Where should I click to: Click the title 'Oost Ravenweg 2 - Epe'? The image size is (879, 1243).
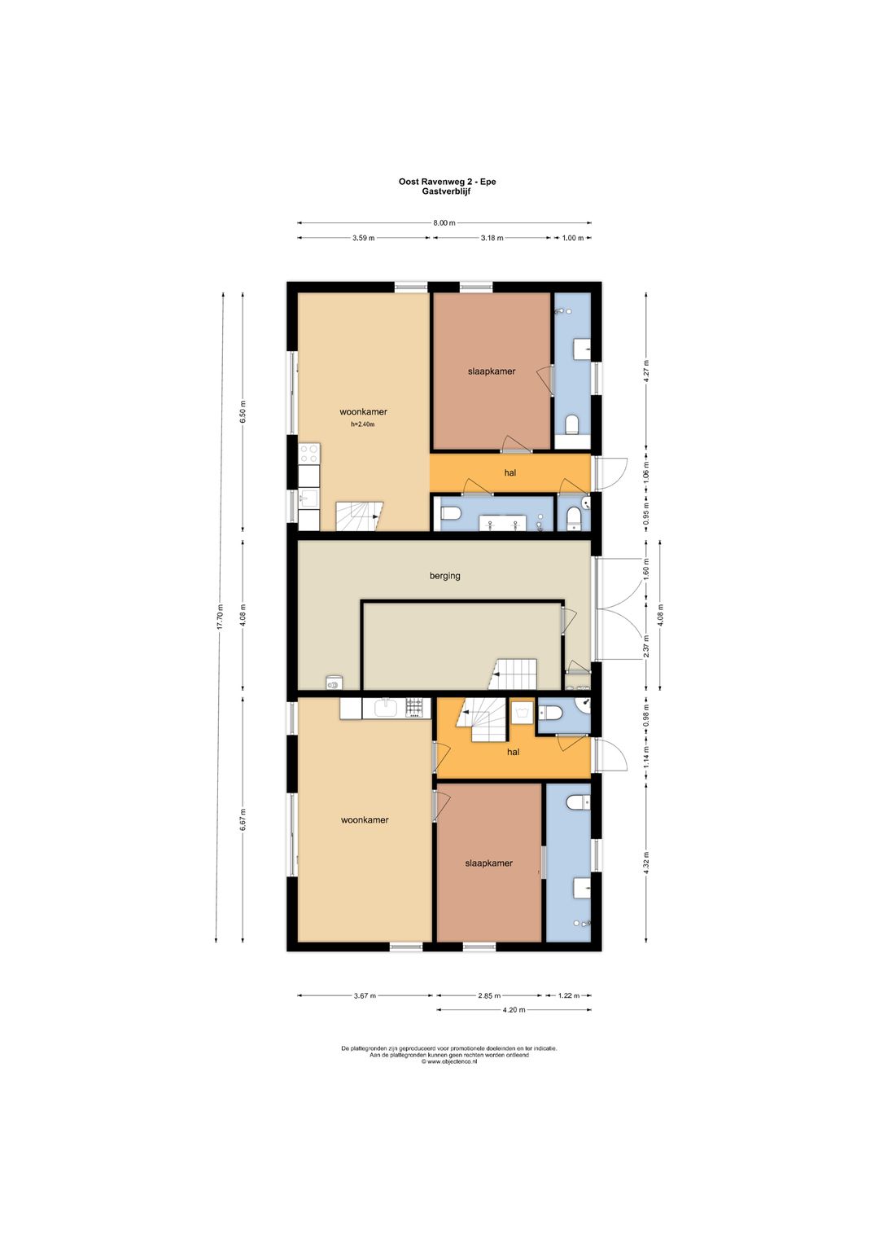447,182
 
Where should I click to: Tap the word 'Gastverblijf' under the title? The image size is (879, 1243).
447,192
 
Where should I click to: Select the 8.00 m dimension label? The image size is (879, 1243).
444,223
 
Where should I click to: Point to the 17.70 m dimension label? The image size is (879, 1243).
221,616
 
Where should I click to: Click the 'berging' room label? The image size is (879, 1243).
444,575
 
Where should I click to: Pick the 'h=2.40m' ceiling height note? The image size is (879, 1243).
363,424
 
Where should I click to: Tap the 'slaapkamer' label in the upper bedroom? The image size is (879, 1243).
492,371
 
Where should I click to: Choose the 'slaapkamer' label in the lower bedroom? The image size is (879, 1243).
488,863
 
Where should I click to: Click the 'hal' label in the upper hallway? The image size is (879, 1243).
510,472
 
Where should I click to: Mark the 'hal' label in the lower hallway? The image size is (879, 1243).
513,752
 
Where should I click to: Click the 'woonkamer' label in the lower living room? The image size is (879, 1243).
365,819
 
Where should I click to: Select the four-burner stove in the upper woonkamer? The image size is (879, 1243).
309,454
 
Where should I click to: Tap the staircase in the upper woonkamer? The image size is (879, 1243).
359,516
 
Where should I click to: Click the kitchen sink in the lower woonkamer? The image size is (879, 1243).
384,709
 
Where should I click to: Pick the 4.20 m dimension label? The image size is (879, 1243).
514,1009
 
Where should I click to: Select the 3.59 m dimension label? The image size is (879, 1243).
363,238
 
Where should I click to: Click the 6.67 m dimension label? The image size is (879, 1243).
243,819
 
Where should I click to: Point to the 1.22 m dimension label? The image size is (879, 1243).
567,995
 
